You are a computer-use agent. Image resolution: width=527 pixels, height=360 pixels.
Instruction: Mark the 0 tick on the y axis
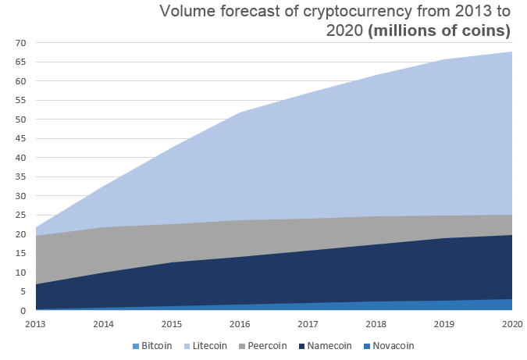click(x=23, y=311)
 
